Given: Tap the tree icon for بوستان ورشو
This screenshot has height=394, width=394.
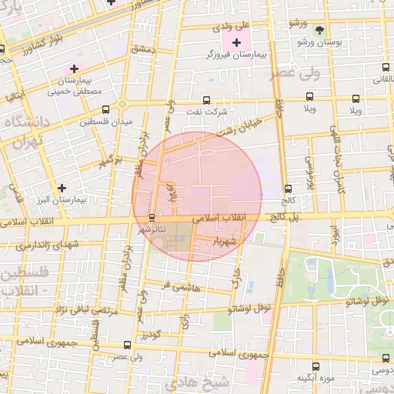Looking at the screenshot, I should [319, 30].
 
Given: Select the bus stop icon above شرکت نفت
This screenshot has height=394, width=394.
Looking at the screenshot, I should [206, 99].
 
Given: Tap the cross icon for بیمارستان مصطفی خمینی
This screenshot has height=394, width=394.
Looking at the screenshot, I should [73, 68].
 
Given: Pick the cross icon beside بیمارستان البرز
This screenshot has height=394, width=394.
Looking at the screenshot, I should [62, 187].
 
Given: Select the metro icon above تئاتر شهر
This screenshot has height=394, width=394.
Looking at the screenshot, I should [151, 216].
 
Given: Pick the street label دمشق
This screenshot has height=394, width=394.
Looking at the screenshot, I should [143, 48].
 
